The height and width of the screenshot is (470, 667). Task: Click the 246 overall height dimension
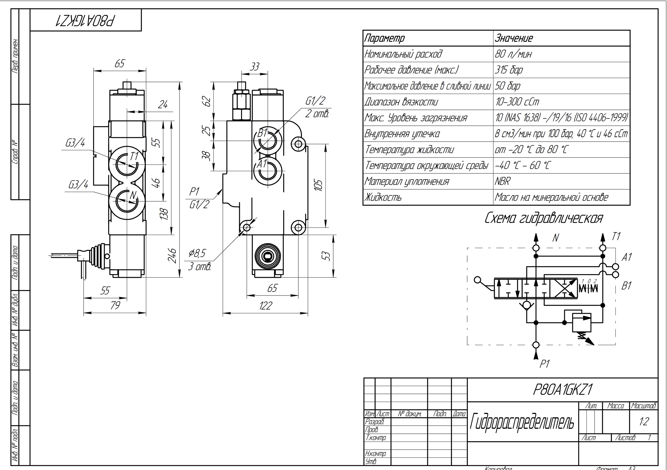click(172, 255)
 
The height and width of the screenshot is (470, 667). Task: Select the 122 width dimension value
click(265, 306)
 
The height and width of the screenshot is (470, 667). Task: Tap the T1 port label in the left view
click(134, 156)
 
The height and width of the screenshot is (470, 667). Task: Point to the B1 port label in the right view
click(263, 133)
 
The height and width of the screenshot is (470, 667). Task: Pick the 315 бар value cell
click(509, 70)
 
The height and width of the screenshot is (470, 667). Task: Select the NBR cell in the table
click(503, 182)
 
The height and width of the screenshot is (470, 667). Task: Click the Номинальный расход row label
click(403, 54)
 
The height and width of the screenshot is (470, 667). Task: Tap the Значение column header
click(514, 38)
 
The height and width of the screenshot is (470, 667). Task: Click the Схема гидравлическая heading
click(544, 218)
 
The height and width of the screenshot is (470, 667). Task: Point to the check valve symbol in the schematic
click(526, 306)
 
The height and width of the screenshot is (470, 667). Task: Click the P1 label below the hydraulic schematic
click(544, 364)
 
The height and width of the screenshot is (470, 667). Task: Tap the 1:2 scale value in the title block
click(644, 421)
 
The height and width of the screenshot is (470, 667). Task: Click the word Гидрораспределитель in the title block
click(522, 422)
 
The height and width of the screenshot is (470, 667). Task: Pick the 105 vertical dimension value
click(319, 185)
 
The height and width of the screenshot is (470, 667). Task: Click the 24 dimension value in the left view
click(162, 104)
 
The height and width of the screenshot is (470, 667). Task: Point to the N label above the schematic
click(555, 238)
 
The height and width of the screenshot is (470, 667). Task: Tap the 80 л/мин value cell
click(513, 54)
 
